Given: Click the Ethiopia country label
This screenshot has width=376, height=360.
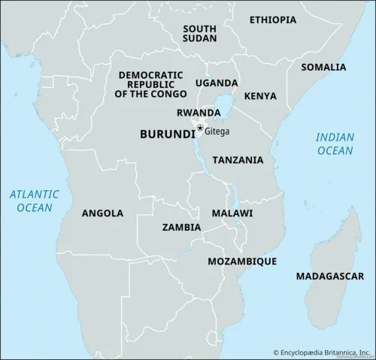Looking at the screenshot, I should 272,20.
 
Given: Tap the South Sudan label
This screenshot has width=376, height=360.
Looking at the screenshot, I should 199,33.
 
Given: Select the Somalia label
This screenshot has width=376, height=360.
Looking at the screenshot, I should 323,67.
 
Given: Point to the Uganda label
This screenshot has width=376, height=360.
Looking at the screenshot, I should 217,83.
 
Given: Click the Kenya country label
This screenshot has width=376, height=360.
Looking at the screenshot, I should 260,96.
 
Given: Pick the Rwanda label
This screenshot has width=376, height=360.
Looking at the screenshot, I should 199,113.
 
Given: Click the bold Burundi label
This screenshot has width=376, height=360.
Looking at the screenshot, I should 166,133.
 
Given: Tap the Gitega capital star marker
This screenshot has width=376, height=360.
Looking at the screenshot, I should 200,129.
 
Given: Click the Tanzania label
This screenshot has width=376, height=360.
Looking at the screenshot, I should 238,160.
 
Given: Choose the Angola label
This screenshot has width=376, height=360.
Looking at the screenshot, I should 102,213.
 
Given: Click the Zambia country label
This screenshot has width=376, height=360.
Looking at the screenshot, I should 181,226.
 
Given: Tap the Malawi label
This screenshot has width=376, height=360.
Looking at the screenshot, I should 232,213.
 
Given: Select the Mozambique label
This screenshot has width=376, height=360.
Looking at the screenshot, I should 242,261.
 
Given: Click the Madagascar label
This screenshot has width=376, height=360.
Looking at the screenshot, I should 324,276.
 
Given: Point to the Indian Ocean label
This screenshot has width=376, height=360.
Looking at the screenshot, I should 334,144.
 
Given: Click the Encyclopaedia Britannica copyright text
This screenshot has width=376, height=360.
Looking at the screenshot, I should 321,352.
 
